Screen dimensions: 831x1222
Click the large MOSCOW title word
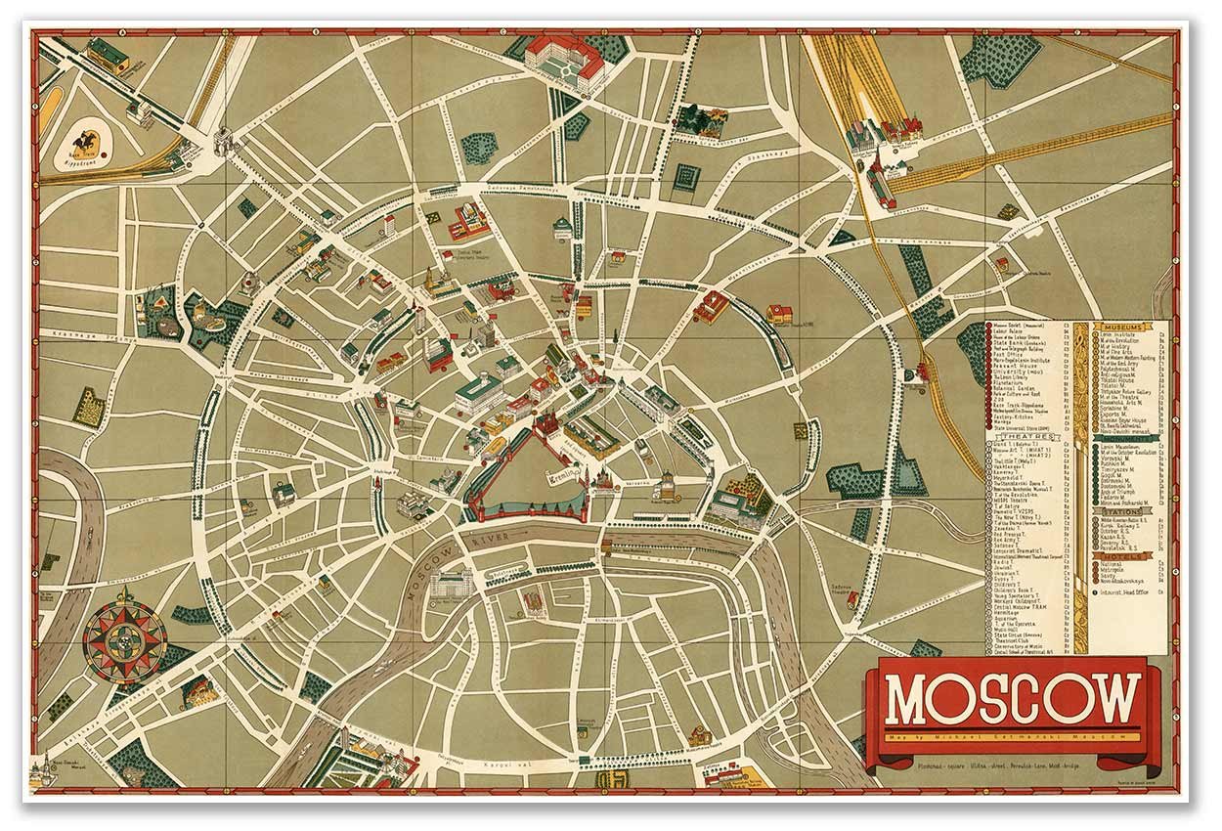tap(1013, 698)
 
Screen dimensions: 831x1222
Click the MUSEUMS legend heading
tap(1118, 328)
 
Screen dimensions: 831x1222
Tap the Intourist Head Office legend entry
tap(1124, 592)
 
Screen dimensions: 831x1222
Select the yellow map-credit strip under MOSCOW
tap(1013, 735)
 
